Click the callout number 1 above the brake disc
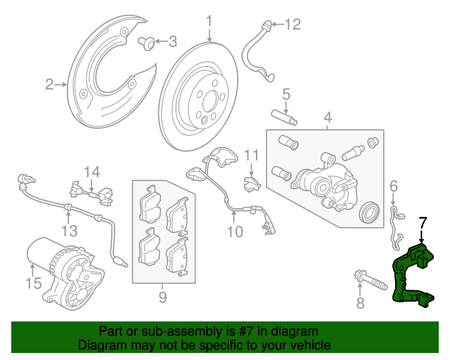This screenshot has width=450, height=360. coord(210,21)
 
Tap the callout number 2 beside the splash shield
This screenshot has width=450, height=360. coord(49,84)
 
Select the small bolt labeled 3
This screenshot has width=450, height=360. coord(147,43)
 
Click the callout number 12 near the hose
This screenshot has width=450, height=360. coord(292,24)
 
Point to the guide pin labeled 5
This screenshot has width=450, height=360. coord(284,117)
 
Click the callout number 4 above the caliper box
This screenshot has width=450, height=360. coord(328,117)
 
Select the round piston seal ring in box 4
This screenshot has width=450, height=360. coord(370,212)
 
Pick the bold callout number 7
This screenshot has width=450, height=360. coord(423,223)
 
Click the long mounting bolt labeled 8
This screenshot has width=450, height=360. coord(371,281)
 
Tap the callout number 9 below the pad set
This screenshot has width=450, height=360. coord(162,297)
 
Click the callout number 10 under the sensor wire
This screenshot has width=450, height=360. coord(235,231)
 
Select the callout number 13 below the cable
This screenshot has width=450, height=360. coord(70,231)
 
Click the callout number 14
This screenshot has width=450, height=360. coord(92,172)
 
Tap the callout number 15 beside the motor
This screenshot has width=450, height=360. coord(34,283)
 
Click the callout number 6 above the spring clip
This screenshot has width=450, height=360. coord(394,186)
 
